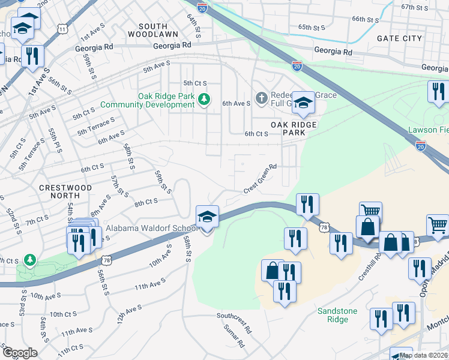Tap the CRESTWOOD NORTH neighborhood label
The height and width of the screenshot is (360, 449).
66,191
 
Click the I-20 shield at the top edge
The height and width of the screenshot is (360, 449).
203,8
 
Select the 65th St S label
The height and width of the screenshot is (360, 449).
312,28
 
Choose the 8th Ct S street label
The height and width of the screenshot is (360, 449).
146,203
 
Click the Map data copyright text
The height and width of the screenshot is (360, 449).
423,355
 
